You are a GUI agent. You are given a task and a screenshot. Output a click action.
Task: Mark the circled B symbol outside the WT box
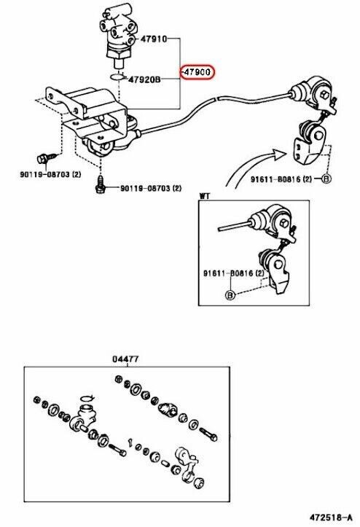326,179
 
